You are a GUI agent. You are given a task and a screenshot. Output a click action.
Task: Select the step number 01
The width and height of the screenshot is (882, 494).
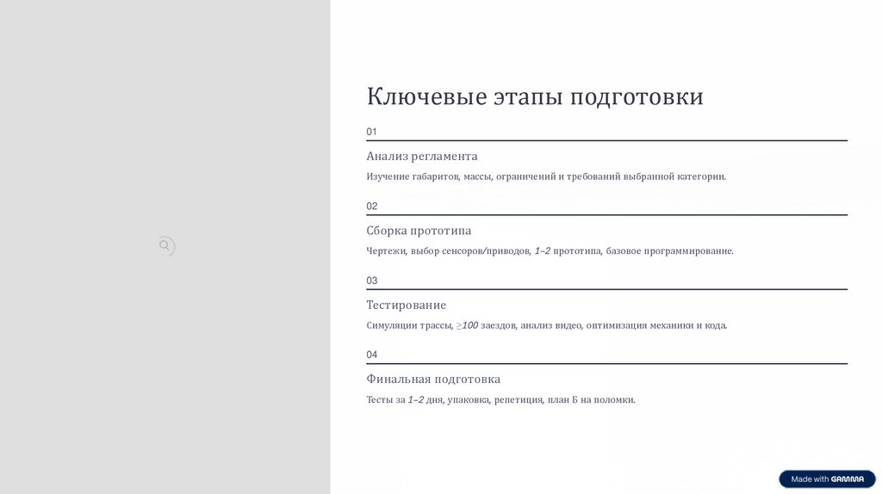372,132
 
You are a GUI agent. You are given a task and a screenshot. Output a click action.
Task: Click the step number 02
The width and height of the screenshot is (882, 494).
372,207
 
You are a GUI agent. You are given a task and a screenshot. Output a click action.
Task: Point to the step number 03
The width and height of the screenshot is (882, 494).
372,281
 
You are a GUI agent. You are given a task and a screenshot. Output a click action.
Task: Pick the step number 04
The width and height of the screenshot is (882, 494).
372,355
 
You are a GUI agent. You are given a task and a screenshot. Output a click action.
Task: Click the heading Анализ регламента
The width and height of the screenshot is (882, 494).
421,157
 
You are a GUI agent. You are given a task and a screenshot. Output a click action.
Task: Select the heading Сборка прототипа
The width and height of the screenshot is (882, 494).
419,231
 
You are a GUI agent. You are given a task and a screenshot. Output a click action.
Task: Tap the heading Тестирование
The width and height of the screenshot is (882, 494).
406,306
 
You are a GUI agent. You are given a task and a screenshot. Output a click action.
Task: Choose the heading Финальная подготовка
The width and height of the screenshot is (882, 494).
433,380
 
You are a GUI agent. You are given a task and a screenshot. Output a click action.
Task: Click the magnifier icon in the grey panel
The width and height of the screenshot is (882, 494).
165,246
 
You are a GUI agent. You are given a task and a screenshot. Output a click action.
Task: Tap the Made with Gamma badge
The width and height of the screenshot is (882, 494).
827,479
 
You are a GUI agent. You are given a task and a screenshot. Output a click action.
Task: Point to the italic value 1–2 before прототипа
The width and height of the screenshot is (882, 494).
542,251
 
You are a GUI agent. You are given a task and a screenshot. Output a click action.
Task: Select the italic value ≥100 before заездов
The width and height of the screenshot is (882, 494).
467,325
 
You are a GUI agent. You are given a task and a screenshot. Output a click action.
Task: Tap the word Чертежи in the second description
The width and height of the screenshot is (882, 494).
386,251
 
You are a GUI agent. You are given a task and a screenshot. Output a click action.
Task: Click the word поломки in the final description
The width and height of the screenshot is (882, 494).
614,400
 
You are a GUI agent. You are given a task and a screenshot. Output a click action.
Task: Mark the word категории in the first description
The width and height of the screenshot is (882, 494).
700,177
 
